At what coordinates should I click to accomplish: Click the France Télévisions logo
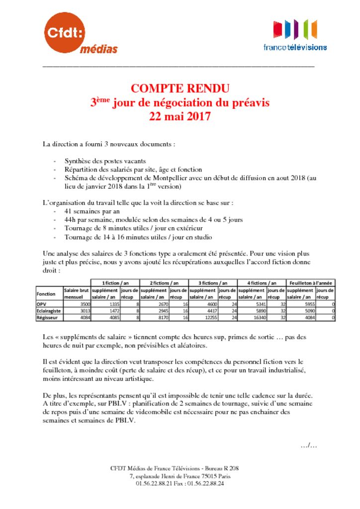tap(295, 35)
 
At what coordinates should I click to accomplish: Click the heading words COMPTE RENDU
tap(180, 89)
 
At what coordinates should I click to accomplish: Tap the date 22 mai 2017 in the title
tap(180, 117)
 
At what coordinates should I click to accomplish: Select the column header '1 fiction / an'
tap(115, 282)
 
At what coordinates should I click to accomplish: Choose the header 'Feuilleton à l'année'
tap(311, 282)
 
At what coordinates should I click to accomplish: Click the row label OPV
tap(42, 304)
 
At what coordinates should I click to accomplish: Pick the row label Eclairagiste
tap(48, 311)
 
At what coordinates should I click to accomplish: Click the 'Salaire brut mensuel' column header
tap(76, 293)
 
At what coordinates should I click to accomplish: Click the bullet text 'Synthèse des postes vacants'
tap(105, 161)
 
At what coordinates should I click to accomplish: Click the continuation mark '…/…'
tap(308, 445)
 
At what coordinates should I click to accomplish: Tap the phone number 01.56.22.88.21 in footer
tap(155, 483)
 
